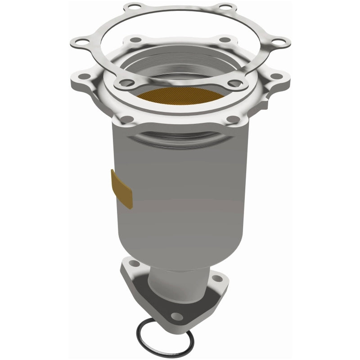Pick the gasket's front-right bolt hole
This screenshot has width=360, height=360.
coord(234,83)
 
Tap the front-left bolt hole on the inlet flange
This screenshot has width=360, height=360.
coord(127,119)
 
